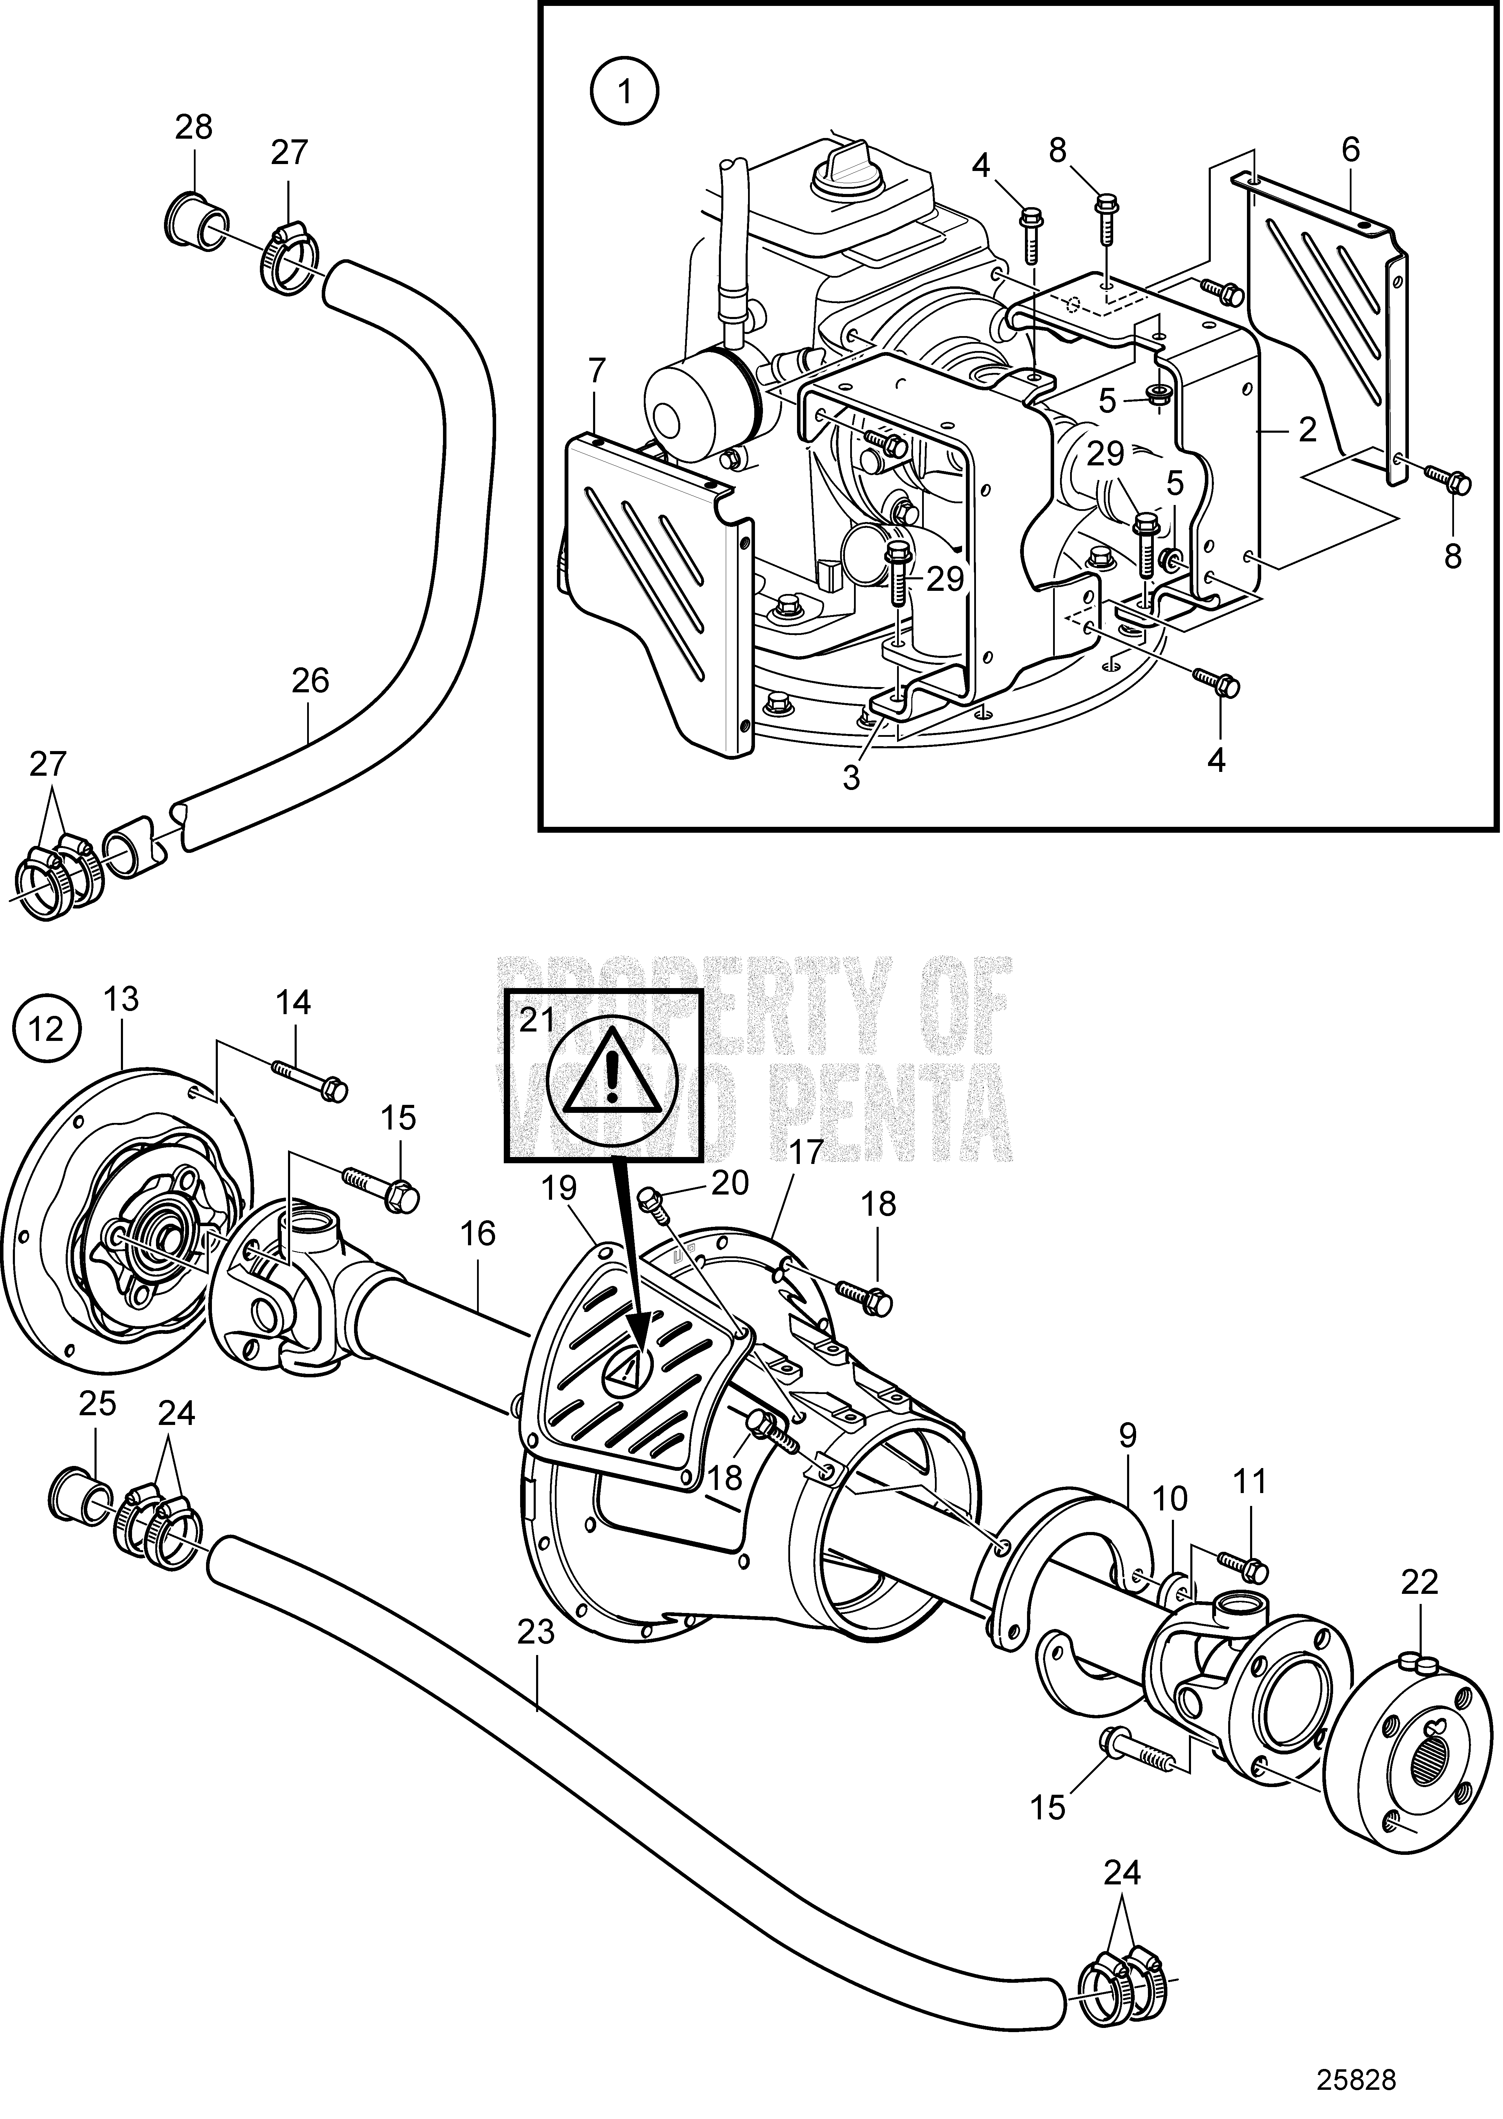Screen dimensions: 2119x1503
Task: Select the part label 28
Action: (194, 127)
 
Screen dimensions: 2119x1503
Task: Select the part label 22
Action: (1420, 1582)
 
